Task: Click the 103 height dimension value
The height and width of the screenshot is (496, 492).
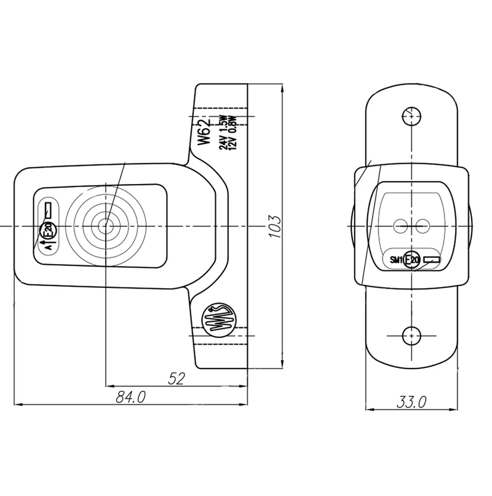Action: (274, 227)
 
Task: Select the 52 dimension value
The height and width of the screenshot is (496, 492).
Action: (177, 378)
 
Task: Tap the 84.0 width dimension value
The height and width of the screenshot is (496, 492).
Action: (130, 397)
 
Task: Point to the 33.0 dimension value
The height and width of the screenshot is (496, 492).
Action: (411, 402)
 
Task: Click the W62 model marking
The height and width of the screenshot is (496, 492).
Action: (204, 132)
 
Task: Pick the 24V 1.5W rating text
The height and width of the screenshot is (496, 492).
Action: (223, 132)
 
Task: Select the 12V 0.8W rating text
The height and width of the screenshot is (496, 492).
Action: (232, 132)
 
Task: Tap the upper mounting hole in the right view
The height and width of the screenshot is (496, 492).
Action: (411, 116)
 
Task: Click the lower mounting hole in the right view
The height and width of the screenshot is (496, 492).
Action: (411, 335)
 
